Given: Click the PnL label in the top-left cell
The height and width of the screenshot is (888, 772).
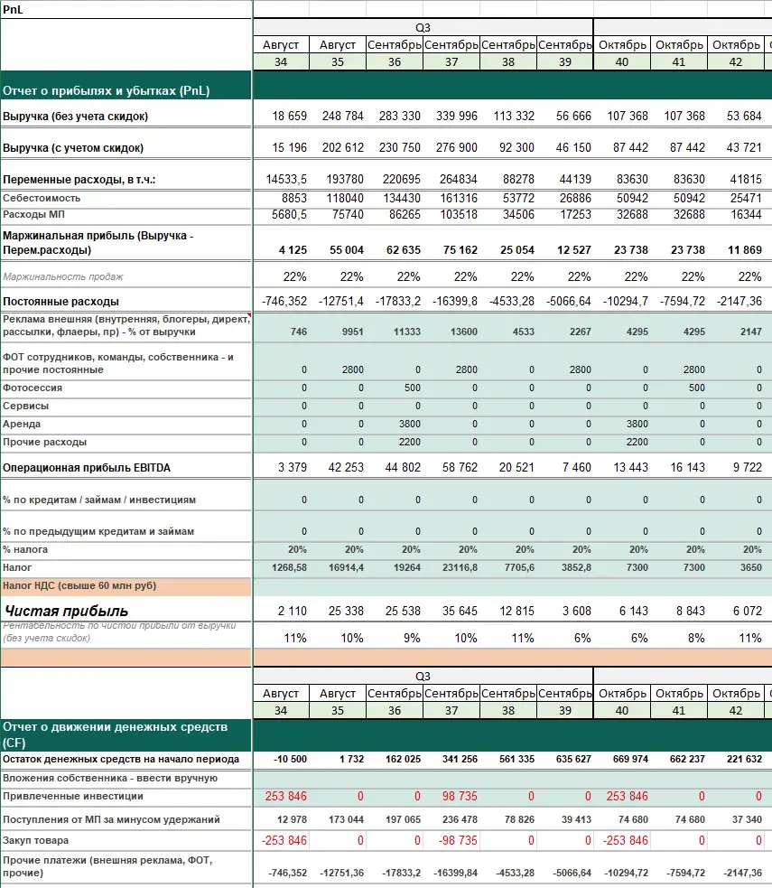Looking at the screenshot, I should [x=14, y=8].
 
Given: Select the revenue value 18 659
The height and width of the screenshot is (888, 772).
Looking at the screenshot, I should [x=289, y=117].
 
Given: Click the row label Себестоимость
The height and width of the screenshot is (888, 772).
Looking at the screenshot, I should [x=42, y=198].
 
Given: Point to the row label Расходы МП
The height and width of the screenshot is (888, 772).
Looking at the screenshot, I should [x=36, y=215].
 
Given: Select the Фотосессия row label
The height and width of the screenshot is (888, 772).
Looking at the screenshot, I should [x=33, y=388].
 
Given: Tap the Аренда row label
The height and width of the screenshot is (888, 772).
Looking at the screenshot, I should [x=22, y=424].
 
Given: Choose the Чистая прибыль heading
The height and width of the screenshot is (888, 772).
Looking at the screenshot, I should [x=66, y=612].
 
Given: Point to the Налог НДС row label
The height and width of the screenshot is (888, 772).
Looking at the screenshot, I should [x=79, y=586].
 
